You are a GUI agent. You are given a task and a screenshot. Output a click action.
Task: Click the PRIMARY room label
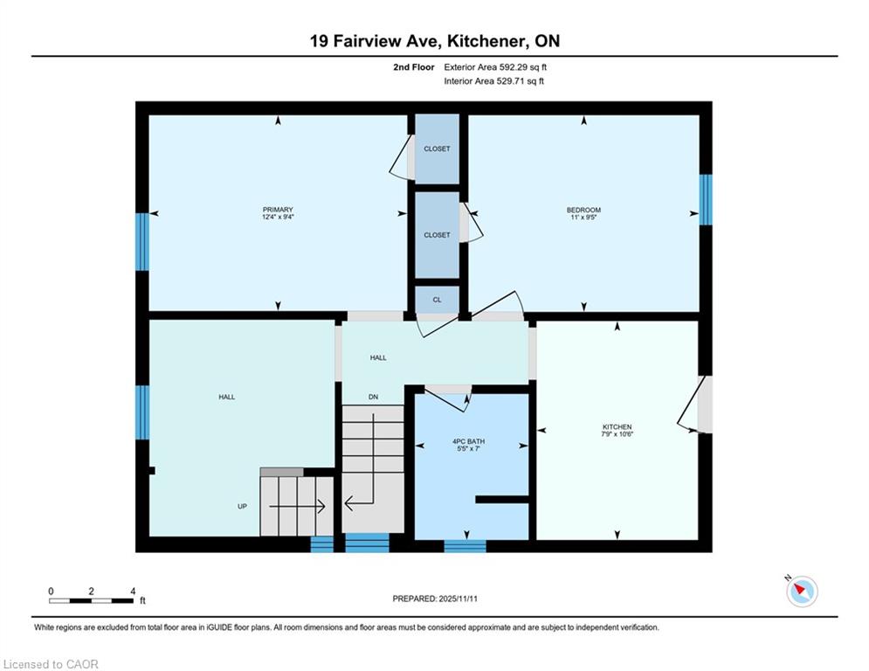pyautogui.click(x=278, y=210)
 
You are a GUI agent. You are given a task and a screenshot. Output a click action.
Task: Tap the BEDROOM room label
pyautogui.click(x=583, y=210)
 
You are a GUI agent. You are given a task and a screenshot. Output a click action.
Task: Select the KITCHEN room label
pyautogui.click(x=617, y=426)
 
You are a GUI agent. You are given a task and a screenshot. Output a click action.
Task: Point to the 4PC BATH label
pyautogui.click(x=468, y=441)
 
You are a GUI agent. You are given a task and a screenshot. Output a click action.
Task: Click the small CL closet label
pyautogui.click(x=437, y=300)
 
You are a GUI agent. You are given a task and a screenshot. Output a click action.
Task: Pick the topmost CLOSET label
pyautogui.click(x=437, y=149)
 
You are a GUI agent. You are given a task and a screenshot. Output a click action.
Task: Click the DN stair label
pyautogui.click(x=374, y=397)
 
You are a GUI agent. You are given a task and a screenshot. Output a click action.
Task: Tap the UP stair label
pyautogui.click(x=242, y=506)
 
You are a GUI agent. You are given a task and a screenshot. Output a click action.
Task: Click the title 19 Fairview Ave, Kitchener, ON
pyautogui.click(x=435, y=41)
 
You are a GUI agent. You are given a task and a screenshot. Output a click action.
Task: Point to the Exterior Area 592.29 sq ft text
pyautogui.click(x=495, y=67)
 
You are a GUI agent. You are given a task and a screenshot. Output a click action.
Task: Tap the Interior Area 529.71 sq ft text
pyautogui.click(x=493, y=81)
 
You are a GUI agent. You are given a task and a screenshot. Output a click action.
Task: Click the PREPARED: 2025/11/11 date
pyautogui.click(x=435, y=598)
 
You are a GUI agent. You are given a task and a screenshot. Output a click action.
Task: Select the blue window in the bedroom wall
pyautogui.click(x=705, y=199)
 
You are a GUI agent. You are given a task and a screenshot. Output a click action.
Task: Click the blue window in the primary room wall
pyautogui.click(x=142, y=242)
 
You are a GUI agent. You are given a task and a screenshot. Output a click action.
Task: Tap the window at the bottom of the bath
pyautogui.click(x=465, y=546)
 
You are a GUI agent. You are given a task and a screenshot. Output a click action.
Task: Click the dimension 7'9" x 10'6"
pyautogui.click(x=617, y=434)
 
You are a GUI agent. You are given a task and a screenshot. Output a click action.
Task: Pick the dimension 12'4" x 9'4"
pyautogui.click(x=278, y=217)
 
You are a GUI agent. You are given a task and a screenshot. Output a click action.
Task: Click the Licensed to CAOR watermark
pyautogui.click(x=51, y=664)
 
